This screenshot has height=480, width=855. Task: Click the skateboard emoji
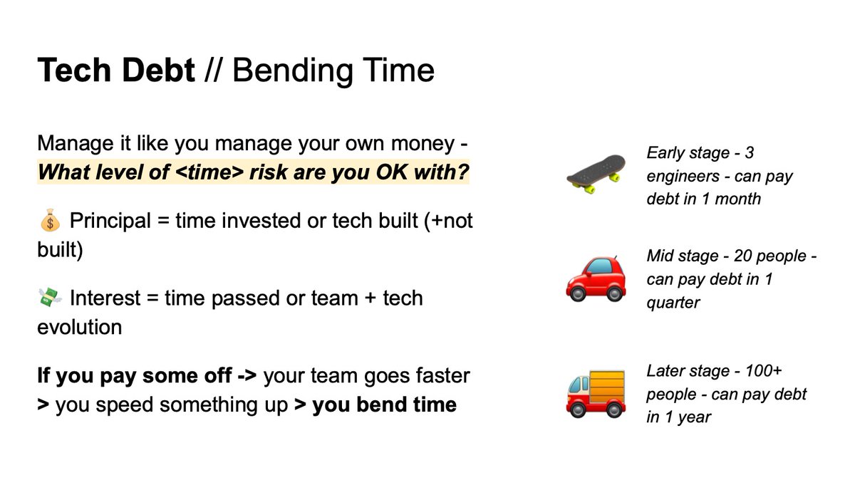(596, 173)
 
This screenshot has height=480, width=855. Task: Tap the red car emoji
(596, 278)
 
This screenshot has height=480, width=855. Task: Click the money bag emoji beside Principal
(49, 222)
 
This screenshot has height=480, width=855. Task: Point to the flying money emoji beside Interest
(49, 298)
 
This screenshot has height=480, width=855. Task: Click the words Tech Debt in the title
(116, 71)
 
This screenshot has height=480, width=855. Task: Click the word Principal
(110, 221)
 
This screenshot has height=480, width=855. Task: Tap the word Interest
(105, 298)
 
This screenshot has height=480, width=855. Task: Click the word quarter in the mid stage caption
(673, 303)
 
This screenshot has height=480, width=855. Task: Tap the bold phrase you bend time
(384, 405)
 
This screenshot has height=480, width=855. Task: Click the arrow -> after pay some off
(244, 375)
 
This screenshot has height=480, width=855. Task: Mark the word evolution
(79, 328)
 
